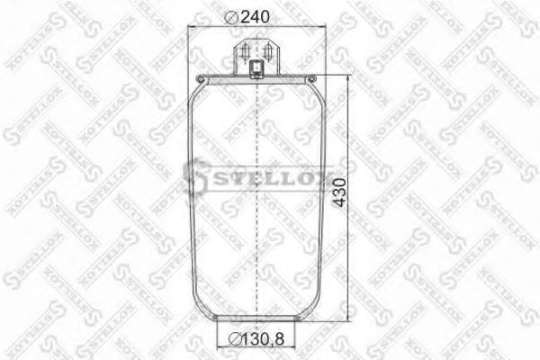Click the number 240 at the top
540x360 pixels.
pos(256,15)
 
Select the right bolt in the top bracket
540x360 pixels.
pos(269,49)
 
